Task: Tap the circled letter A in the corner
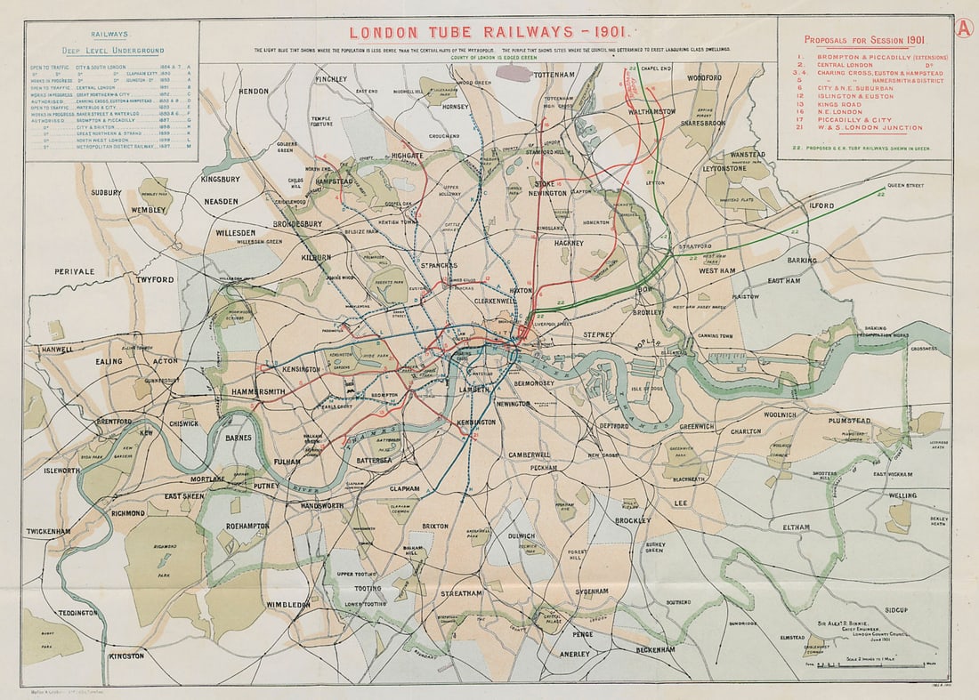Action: click(965, 28)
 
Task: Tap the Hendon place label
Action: click(254, 91)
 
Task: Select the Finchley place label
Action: click(331, 79)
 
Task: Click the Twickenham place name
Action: click(48, 531)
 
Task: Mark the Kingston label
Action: click(126, 656)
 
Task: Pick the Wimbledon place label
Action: click(288, 604)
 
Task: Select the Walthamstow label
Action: click(651, 113)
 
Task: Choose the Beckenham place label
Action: click(656, 649)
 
